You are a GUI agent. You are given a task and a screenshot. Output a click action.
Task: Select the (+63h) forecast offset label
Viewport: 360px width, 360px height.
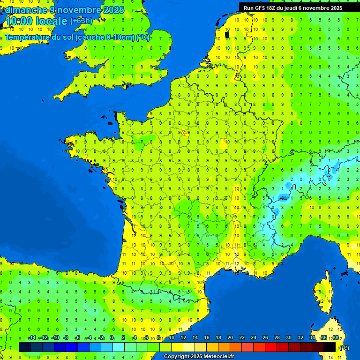click(x=81, y=21)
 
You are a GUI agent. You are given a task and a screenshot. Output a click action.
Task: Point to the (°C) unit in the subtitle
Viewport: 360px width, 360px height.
click(x=143, y=37)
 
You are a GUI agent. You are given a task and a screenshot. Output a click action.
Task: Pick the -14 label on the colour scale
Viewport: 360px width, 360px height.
click(x=32, y=338)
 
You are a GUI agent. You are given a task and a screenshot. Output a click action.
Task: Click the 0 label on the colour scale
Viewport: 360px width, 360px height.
click(x=112, y=338)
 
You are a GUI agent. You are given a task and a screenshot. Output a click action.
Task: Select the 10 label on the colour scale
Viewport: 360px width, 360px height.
click(x=172, y=338)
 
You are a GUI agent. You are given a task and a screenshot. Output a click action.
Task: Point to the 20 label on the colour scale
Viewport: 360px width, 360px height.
click(x=230, y=338)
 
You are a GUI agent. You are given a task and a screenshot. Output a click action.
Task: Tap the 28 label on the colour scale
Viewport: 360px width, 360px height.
click(x=277, y=338)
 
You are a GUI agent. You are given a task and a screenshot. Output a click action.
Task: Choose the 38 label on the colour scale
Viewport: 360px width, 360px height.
click(x=336, y=338)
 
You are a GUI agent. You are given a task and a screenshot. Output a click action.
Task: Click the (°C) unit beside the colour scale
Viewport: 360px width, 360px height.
click(x=345, y=347)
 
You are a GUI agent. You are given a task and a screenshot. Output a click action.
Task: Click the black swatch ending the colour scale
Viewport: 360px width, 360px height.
click(x=330, y=347)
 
